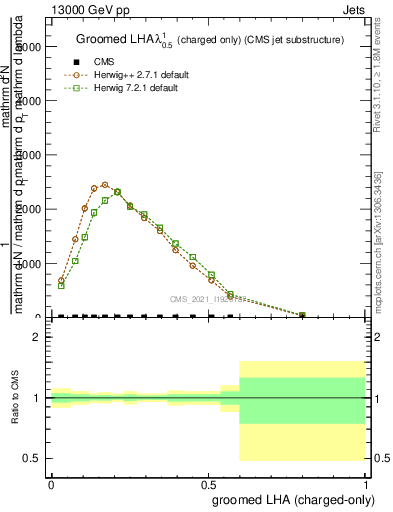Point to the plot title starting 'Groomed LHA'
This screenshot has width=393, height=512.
tap(210, 40)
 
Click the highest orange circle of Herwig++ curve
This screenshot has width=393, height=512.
tap(105, 184)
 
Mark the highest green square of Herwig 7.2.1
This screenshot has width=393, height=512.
tap(117, 192)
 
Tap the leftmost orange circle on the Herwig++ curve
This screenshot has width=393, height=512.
tap(61, 281)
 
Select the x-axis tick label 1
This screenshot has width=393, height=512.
tap(367, 483)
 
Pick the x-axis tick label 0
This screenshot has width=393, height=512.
tap(51, 483)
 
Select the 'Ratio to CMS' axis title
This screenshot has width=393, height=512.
tap(15, 398)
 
